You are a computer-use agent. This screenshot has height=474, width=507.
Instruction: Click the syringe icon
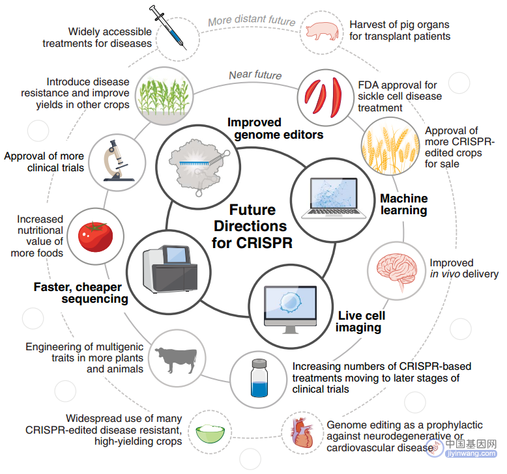pyautogui.click(x=168, y=27)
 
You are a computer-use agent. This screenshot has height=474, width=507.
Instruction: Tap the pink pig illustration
pyautogui.click(x=322, y=31)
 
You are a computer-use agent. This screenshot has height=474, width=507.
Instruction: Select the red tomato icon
pyautogui.click(x=95, y=236)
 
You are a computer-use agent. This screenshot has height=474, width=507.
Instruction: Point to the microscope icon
pyautogui.click(x=117, y=161)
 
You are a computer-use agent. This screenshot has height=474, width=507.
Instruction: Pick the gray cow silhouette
pyautogui.click(x=176, y=359)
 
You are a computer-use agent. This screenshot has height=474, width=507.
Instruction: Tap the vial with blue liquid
pyautogui.click(x=259, y=378)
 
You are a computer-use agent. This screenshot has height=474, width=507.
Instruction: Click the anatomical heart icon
pyautogui.click(x=302, y=432)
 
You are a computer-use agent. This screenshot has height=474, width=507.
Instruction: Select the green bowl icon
pyautogui.click(x=210, y=434)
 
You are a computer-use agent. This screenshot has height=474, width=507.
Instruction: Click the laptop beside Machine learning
pyautogui.click(x=334, y=198)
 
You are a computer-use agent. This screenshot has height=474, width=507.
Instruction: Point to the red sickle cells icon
pyautogui.click(x=323, y=97)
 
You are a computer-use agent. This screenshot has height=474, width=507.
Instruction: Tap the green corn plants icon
pyautogui.click(x=164, y=96)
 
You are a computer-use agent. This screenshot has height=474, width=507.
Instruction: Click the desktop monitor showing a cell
pyautogui.click(x=290, y=309)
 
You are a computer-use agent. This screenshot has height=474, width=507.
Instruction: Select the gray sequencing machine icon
pyautogui.click(x=169, y=269)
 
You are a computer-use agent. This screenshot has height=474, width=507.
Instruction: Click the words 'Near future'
pyautogui.click(x=255, y=75)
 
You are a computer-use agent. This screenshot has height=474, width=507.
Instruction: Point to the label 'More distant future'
pyautogui.click(x=252, y=20)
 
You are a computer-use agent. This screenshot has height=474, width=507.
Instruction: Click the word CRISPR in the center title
pyautogui.click(x=264, y=243)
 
